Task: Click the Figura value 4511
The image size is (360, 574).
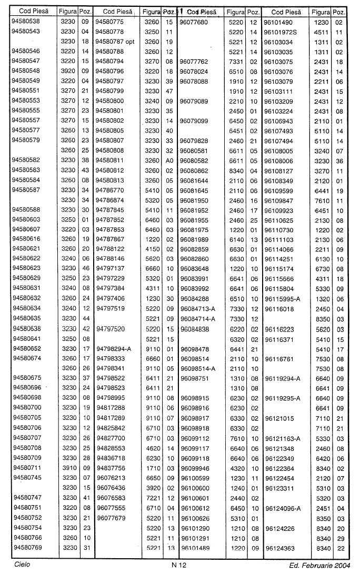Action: point(321,32)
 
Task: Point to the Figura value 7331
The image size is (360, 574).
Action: point(235,61)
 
